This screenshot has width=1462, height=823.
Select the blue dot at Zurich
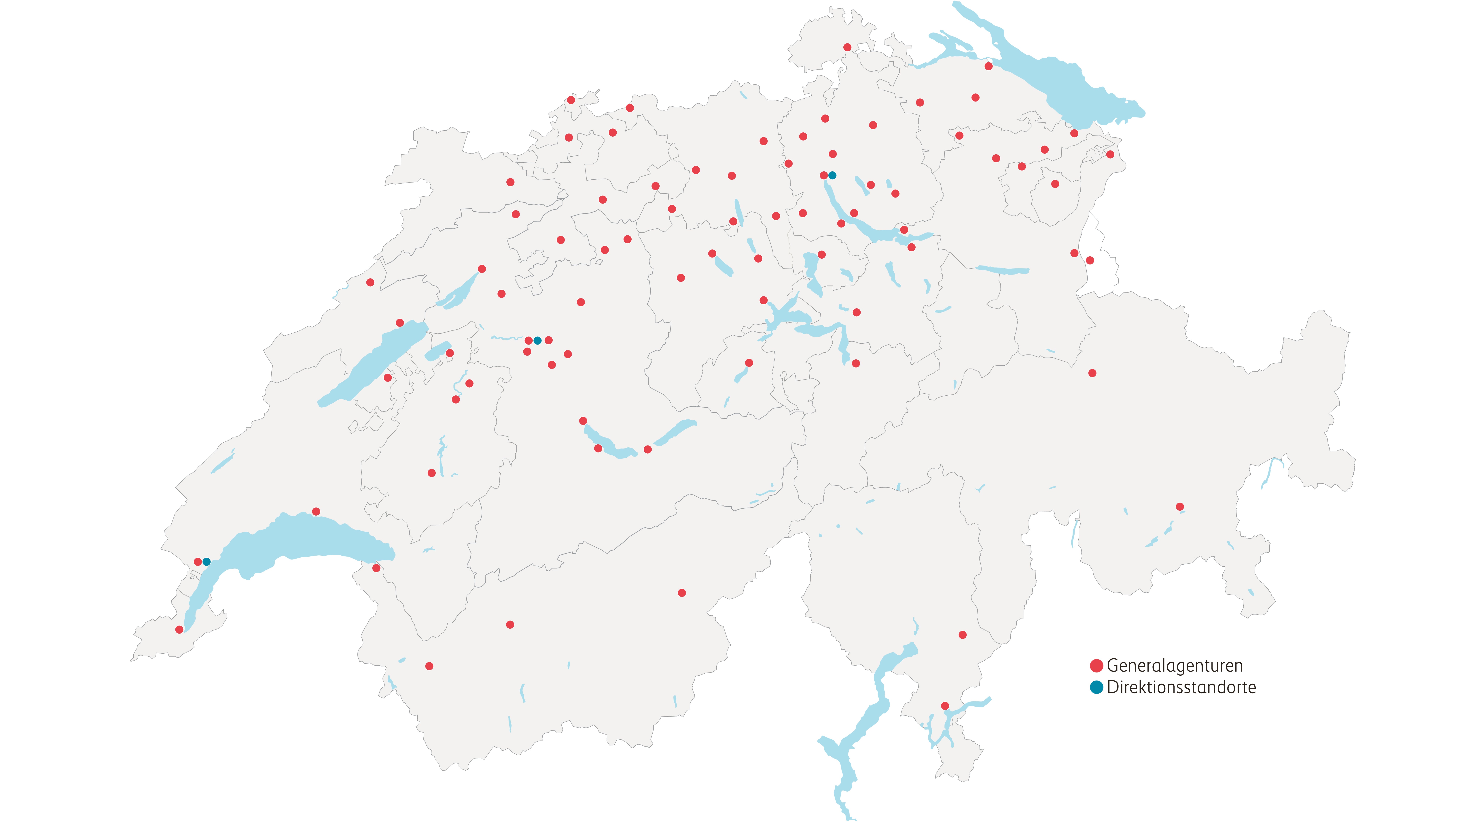point(832,176)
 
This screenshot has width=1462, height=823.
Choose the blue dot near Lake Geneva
point(207,562)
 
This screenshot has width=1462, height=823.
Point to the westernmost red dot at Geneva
point(179,629)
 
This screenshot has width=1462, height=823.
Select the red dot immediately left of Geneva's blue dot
point(198,562)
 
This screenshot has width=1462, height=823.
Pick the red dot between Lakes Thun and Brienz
point(647,449)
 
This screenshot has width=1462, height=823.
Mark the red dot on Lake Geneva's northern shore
point(316,512)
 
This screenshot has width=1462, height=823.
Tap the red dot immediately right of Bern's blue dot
point(548,340)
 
